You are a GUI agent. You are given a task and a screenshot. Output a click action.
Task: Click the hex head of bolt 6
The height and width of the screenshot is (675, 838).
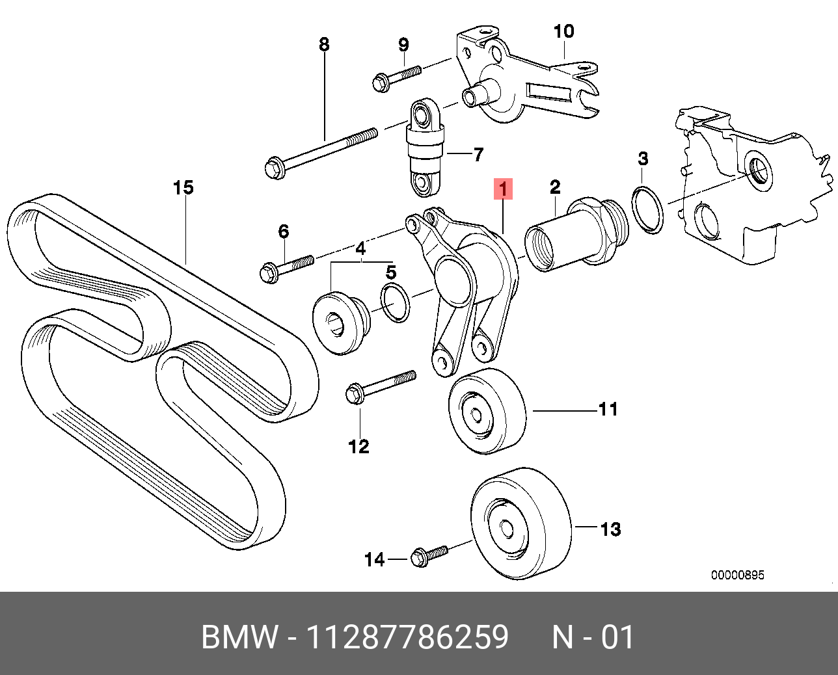(267, 272)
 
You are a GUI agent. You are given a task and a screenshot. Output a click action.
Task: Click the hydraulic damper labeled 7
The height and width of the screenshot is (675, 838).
(425, 148)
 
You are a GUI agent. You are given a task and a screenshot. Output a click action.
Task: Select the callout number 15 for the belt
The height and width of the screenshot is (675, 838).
(183, 188)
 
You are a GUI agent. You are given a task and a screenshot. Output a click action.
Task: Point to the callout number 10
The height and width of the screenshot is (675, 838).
(563, 31)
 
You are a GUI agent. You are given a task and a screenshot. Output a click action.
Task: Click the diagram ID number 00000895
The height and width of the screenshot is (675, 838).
(737, 575)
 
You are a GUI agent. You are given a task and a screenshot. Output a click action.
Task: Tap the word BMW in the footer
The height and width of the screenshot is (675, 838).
(239, 637)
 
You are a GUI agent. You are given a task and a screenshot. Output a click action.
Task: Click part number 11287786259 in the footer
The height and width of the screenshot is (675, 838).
(407, 637)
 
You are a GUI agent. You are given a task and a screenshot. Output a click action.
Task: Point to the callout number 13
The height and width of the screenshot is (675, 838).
(610, 529)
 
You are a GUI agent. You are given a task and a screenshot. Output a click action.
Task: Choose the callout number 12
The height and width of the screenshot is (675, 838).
(358, 446)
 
